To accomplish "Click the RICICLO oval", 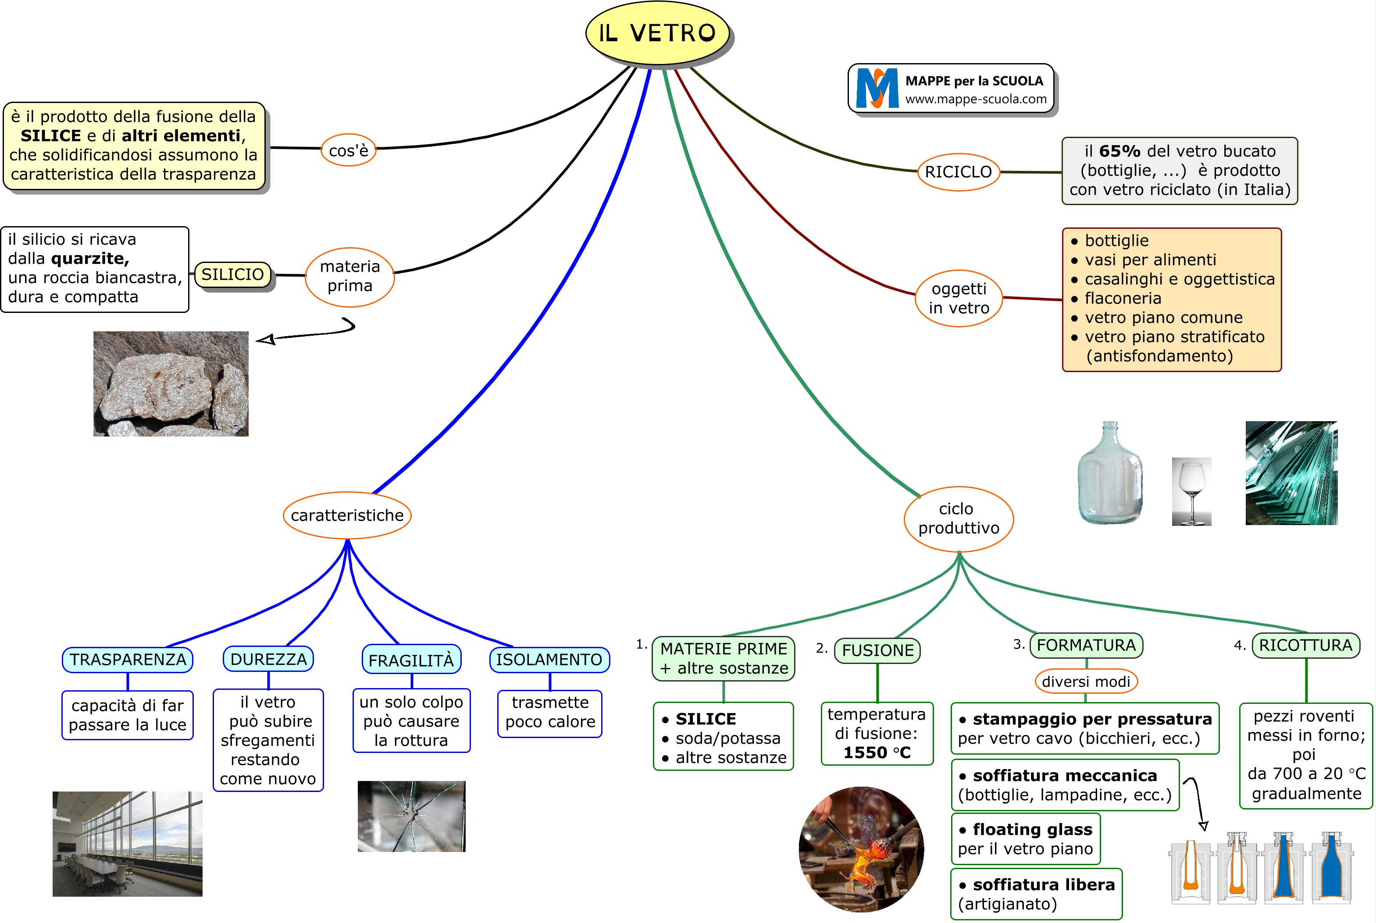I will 958,172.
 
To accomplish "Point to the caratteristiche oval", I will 347,515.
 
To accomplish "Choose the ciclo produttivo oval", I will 958,518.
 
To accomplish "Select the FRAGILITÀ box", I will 411,660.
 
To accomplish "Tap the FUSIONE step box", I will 877,650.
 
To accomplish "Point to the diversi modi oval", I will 1086,682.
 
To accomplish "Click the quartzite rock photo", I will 171,384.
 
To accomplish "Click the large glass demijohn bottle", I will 1109,474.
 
